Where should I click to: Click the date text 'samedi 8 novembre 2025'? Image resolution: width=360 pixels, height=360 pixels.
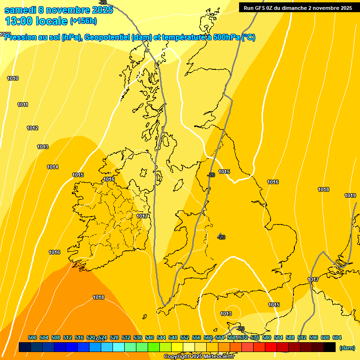(59, 10)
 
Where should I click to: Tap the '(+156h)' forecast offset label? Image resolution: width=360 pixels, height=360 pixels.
(83, 21)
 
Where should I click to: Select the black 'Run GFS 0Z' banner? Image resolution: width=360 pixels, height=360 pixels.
(298, 7)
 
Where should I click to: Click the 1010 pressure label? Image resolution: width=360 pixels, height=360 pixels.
(13, 78)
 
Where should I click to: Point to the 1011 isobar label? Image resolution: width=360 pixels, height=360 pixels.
(22, 105)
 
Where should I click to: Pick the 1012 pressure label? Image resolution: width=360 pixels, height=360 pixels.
(32, 128)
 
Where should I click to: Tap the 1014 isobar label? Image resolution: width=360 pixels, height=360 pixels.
(52, 167)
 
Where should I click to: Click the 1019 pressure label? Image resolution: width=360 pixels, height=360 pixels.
(350, 195)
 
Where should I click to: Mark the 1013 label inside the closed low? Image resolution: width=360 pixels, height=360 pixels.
(226, 314)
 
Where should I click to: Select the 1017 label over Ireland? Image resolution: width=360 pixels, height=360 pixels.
(142, 216)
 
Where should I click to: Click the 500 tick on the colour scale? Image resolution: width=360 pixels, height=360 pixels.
(32, 337)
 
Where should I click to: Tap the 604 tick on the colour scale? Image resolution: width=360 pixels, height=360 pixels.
(337, 337)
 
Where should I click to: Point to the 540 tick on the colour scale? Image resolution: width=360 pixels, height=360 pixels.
(150, 337)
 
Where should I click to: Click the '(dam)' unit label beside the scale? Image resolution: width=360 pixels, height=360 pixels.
(347, 347)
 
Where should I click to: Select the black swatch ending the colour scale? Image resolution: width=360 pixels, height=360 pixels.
(330, 347)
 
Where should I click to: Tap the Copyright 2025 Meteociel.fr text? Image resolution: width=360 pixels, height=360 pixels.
(199, 357)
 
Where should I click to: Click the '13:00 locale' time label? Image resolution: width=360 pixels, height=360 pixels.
(36, 21)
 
